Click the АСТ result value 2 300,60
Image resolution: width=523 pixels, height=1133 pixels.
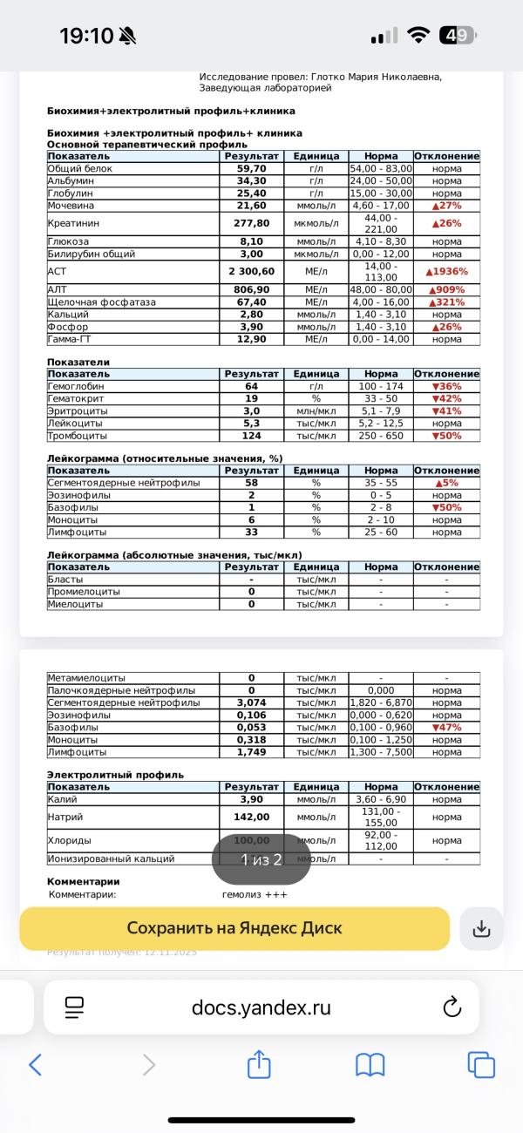point(251,272)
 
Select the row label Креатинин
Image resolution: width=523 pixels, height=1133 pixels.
point(73,223)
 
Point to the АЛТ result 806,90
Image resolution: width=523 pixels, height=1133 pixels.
point(251,290)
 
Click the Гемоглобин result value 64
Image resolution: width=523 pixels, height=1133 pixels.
point(251,386)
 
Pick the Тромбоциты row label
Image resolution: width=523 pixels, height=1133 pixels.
point(77,435)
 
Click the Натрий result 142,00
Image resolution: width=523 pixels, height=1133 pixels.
point(251,818)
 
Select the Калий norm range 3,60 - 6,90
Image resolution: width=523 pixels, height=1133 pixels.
point(381,799)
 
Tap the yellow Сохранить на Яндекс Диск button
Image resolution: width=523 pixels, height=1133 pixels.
point(234,928)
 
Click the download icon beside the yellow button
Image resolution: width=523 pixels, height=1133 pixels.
point(481,929)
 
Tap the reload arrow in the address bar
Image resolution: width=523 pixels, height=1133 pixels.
point(452,1007)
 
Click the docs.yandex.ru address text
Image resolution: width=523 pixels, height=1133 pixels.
point(261,1007)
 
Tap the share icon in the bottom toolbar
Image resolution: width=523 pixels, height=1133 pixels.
point(259,1064)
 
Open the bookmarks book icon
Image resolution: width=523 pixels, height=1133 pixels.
point(370,1064)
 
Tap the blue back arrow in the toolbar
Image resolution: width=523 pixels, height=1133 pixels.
point(36,1064)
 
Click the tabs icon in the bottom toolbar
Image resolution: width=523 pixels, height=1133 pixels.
point(481,1064)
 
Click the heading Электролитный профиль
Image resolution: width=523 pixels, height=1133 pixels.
point(115,775)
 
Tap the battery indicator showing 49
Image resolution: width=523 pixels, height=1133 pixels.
point(458,36)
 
